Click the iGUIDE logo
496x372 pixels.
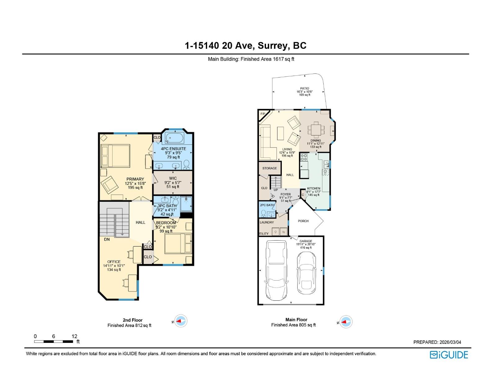[x=449, y=355]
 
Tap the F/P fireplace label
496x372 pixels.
[x=263, y=114]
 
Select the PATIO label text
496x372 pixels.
[x=304, y=88]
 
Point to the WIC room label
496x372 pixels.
[x=173, y=178]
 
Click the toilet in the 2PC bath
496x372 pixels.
[x=263, y=213]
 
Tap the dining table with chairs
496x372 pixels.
[x=316, y=130]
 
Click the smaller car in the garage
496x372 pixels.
[x=306, y=273]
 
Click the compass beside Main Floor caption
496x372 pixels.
[x=346, y=322]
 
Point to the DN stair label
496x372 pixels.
[x=107, y=239]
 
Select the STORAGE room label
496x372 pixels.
[x=269, y=168]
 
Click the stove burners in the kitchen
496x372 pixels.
[x=304, y=157]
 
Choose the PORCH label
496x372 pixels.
[x=303, y=221]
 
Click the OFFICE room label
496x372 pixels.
[x=114, y=262]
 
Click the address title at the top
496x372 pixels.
[x=246, y=46]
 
